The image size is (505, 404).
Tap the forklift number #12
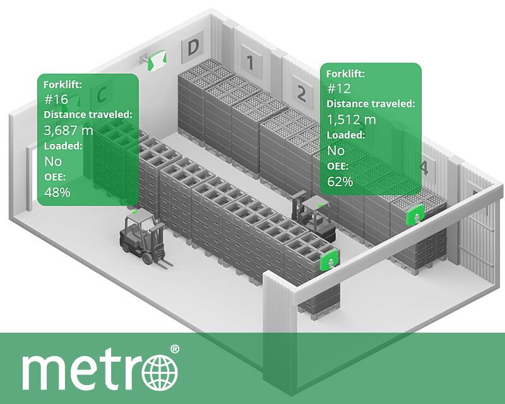pyautogui.click(x=338, y=88)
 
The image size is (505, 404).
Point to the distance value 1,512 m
pyautogui.click(x=351, y=119)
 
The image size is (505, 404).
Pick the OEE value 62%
pyautogui.click(x=340, y=182)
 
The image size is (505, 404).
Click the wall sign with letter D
pyautogui.click(x=193, y=46)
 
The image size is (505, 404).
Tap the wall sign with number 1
pyautogui.click(x=249, y=62)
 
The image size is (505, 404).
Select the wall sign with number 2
pyautogui.click(x=301, y=94)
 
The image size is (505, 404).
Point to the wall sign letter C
pyautogui.click(x=101, y=95)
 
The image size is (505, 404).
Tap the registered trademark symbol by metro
pyautogui.click(x=175, y=348)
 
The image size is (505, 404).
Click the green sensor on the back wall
pyautogui.click(x=155, y=60)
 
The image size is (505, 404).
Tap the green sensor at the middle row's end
pyautogui.click(x=330, y=260)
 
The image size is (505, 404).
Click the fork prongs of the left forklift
pyautogui.click(x=160, y=263)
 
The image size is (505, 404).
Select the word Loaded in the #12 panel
pyautogui.click(x=345, y=135)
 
